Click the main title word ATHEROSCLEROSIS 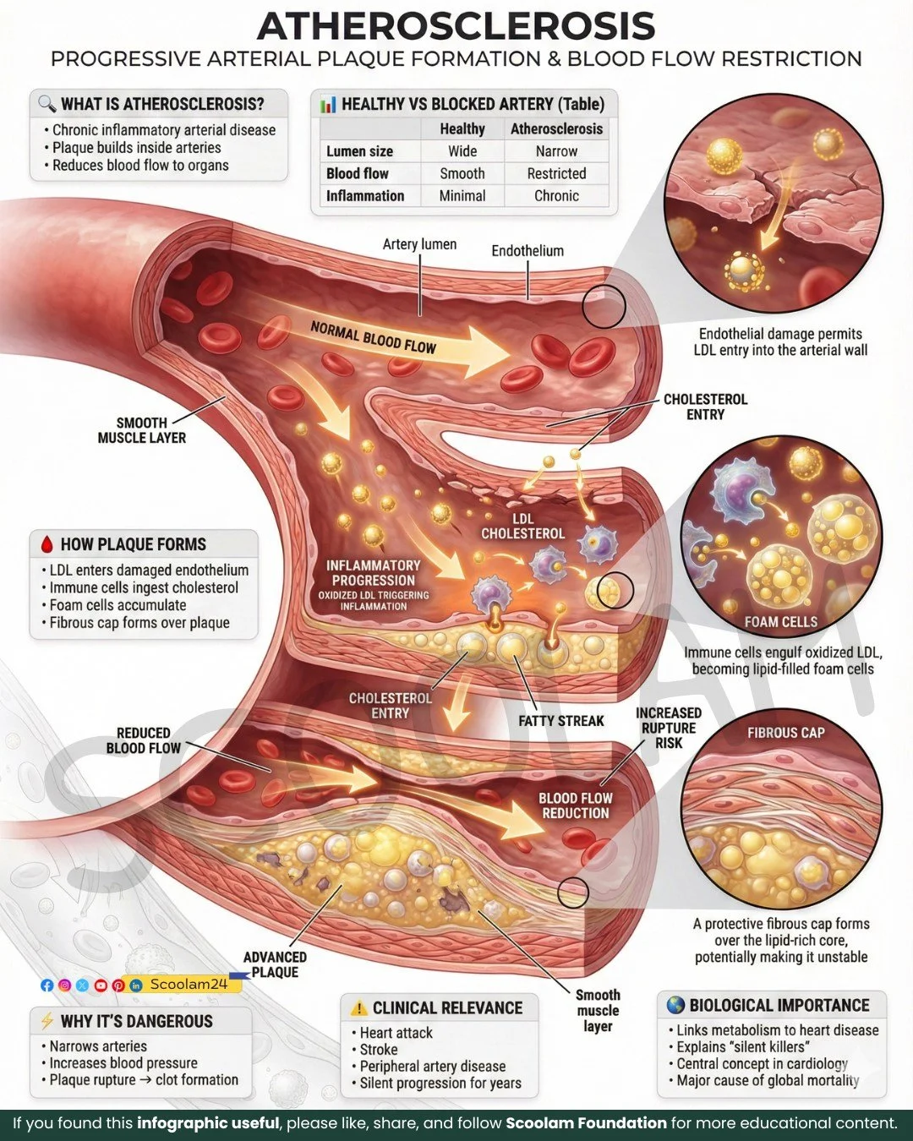(456, 26)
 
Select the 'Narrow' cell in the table (556, 151)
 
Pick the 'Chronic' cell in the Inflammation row (556, 195)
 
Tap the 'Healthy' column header (462, 129)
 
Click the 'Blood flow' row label (358, 173)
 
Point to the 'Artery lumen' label (419, 244)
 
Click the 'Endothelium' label (528, 251)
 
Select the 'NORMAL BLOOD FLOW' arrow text (373, 337)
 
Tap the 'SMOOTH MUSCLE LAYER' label (142, 430)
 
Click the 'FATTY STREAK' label (561, 721)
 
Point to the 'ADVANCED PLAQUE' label (275, 964)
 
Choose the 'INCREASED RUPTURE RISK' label (669, 728)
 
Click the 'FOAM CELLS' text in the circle (781, 622)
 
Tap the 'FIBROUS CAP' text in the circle (785, 733)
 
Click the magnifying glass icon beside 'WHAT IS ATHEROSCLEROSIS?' (46, 104)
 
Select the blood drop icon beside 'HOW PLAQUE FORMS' (46, 544)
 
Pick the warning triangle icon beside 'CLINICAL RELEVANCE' (358, 1007)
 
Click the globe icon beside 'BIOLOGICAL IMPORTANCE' (675, 1005)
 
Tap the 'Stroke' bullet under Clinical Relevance (379, 1049)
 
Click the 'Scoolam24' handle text (189, 984)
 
